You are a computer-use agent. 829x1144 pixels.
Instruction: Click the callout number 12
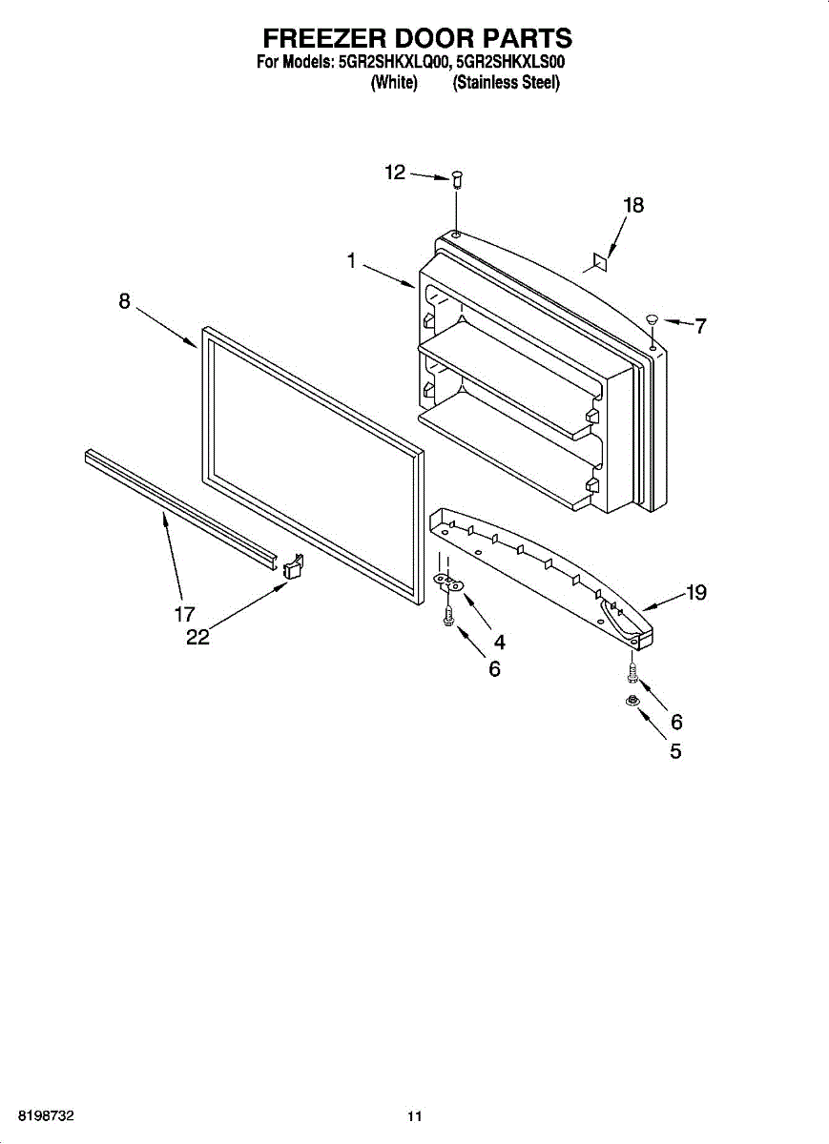(395, 173)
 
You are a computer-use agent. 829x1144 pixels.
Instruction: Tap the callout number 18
(633, 205)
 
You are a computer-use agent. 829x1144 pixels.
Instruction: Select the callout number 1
(352, 259)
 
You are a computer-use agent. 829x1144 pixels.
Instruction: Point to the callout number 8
(125, 301)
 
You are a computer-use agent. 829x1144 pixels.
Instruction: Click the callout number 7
(700, 326)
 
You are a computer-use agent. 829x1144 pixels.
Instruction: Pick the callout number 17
(184, 615)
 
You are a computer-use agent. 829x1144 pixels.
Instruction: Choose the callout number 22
(197, 638)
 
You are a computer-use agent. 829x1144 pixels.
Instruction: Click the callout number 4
(499, 642)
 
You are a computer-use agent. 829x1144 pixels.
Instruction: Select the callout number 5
(675, 750)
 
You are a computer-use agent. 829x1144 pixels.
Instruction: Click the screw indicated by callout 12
(456, 178)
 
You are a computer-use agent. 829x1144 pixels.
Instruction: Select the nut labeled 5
(630, 702)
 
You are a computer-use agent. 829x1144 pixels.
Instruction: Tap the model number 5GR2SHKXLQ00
(393, 64)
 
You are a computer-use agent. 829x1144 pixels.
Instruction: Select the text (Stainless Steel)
(507, 83)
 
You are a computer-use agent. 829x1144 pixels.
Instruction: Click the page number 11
(414, 1116)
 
